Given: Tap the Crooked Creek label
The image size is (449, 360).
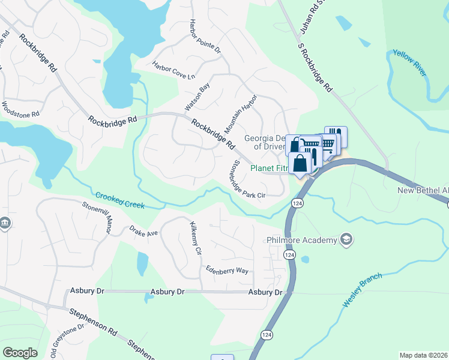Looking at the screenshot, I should pyautogui.click(x=119, y=200).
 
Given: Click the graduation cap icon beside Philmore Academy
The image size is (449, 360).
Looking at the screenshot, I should pyautogui.click(x=346, y=240).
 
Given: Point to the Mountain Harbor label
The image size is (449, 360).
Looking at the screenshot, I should pyautogui.click(x=240, y=114).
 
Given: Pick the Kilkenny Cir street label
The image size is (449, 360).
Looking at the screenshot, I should pyautogui.click(x=194, y=239).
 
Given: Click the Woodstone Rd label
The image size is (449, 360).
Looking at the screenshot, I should pyautogui.click(x=20, y=109).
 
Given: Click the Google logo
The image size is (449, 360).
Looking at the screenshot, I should pyautogui.click(x=20, y=352).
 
